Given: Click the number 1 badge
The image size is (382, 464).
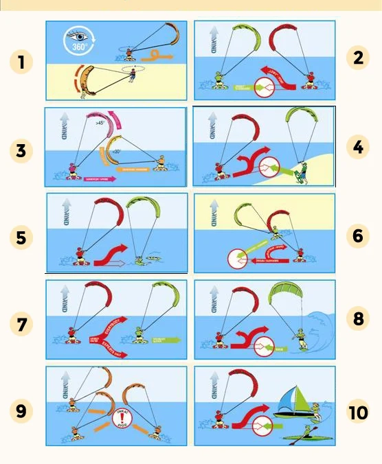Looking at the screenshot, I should coord(22,62).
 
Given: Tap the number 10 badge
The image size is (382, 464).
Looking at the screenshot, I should coord(358,413).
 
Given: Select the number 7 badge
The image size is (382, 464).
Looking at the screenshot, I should coord(22,324).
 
